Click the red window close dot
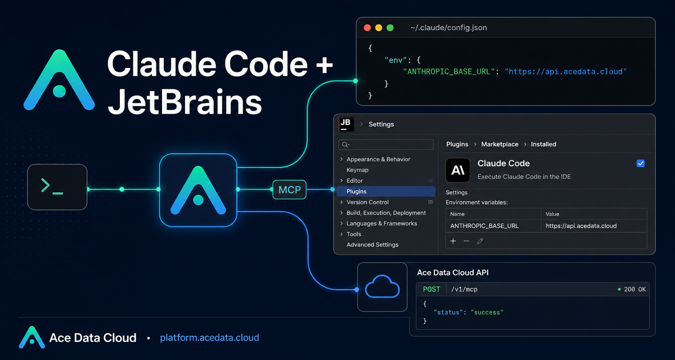[x=367, y=28]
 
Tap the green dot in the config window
[x=390, y=28]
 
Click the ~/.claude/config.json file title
[x=448, y=28]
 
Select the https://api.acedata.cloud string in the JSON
[x=566, y=71]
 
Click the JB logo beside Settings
[x=346, y=124]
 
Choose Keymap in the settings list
[x=357, y=170]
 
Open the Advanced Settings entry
[x=372, y=245]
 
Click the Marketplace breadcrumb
[x=499, y=145]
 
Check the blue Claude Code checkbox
[x=641, y=163]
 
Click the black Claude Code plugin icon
[x=458, y=170]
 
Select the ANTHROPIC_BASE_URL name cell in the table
[x=484, y=226]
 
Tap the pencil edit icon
[x=480, y=241]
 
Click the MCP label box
[x=289, y=190]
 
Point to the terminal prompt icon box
[x=57, y=187]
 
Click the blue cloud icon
[x=382, y=286]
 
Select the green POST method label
[x=431, y=289]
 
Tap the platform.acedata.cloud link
[x=209, y=337]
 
